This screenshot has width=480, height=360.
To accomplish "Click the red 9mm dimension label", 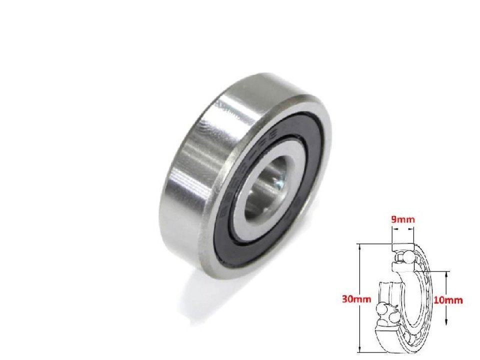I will click(402, 219).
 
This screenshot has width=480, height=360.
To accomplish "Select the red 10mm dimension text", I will click(449, 300).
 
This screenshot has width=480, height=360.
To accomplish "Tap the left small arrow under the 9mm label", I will click(394, 230).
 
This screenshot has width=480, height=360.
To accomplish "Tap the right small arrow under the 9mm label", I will click(411, 230).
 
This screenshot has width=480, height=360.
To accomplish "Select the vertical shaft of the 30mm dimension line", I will click(360, 280).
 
